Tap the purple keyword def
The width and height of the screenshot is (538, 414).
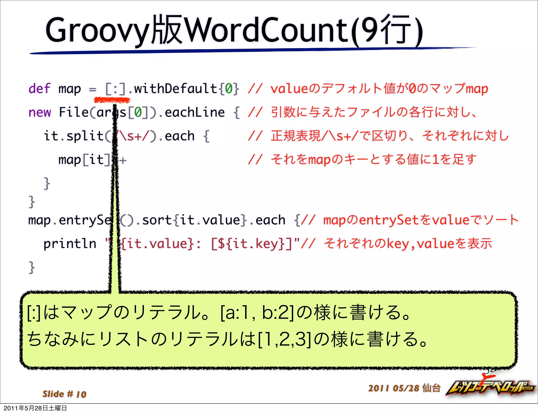(39, 89)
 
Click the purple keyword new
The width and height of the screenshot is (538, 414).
(40, 112)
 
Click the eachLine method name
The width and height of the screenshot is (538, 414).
(195, 112)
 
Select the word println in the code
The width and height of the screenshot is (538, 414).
(70, 244)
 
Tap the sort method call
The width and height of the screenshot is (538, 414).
(157, 220)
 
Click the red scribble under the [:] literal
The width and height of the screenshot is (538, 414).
(112, 100)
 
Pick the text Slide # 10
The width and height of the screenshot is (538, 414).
(65, 394)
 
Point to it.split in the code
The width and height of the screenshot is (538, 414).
(74, 136)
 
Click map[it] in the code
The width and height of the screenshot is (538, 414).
(84, 160)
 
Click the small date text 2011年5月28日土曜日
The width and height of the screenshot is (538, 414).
(35, 408)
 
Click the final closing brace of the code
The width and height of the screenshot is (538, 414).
(32, 267)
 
